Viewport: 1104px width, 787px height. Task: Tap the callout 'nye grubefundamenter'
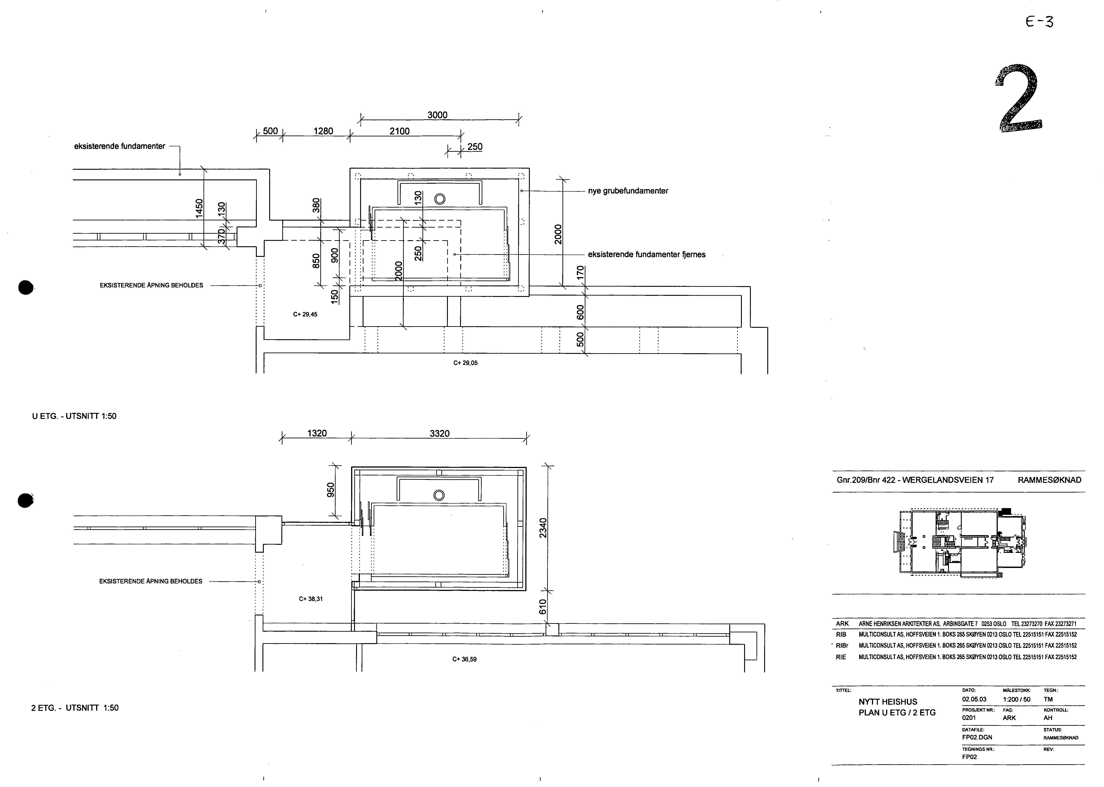click(x=628, y=191)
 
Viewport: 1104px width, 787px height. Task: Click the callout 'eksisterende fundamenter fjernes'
click(x=646, y=254)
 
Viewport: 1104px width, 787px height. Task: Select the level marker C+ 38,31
click(x=311, y=599)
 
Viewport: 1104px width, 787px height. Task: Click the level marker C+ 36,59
click(x=464, y=659)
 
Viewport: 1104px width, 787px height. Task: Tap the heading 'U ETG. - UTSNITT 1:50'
click(x=74, y=416)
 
